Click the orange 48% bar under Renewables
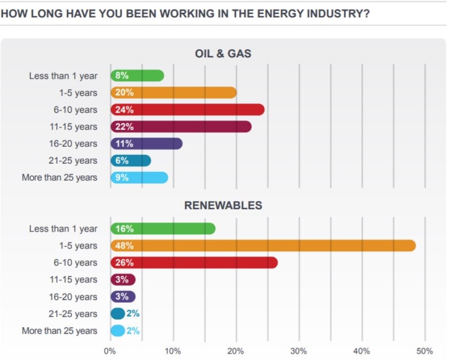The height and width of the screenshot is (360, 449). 263,245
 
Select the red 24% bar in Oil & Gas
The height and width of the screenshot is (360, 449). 187,110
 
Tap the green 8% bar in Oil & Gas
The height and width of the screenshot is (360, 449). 137,75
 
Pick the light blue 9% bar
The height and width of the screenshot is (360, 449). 139,178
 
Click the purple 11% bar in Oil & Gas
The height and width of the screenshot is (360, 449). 146,144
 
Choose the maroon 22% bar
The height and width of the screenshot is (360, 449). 181,127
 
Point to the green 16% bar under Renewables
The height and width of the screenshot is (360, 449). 163,229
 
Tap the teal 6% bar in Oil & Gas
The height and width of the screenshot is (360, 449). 130,161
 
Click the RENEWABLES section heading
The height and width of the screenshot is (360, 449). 223,205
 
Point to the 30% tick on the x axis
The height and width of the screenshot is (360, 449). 299,351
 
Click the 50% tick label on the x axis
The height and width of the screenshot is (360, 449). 424,351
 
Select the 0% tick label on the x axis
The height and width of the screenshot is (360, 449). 110,351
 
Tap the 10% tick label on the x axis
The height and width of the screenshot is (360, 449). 173,351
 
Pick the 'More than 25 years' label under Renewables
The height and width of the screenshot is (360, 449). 60,331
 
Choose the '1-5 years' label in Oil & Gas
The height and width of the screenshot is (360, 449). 78,92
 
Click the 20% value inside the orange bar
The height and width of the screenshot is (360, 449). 125,92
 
